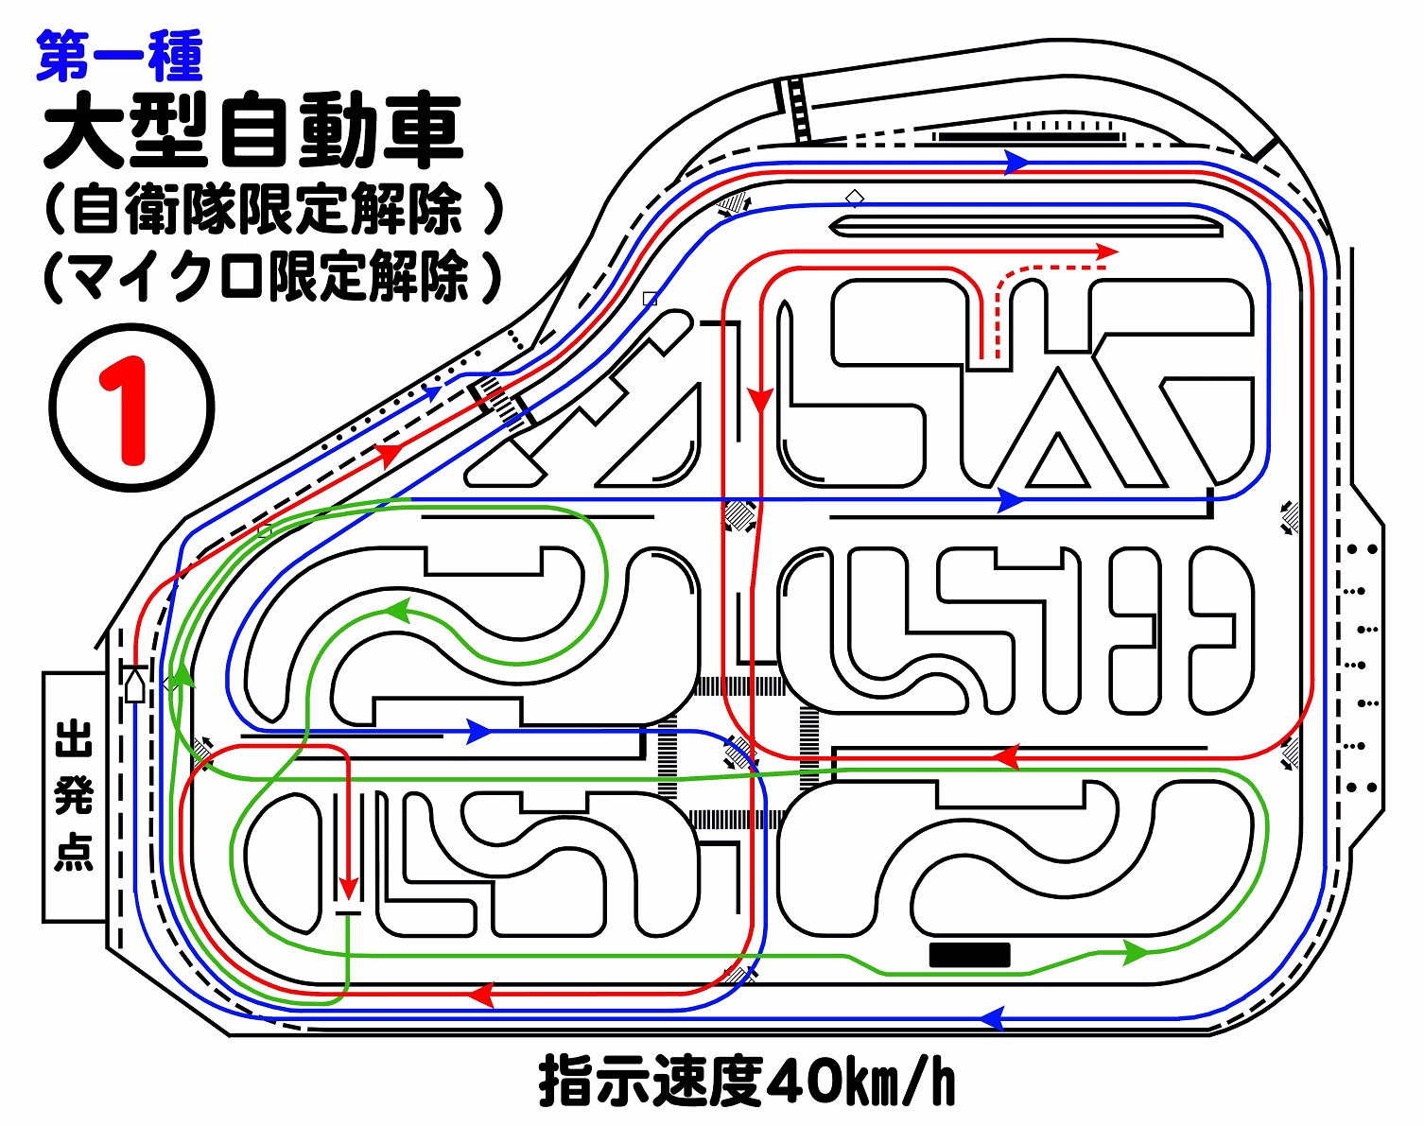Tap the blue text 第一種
119,56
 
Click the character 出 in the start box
74,738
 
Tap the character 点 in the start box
74,850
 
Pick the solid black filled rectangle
969,955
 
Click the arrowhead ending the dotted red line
1107,251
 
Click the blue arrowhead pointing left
990,1018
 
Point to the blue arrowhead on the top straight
1016,163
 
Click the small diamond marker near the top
855,198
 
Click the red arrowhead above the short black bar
349,888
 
